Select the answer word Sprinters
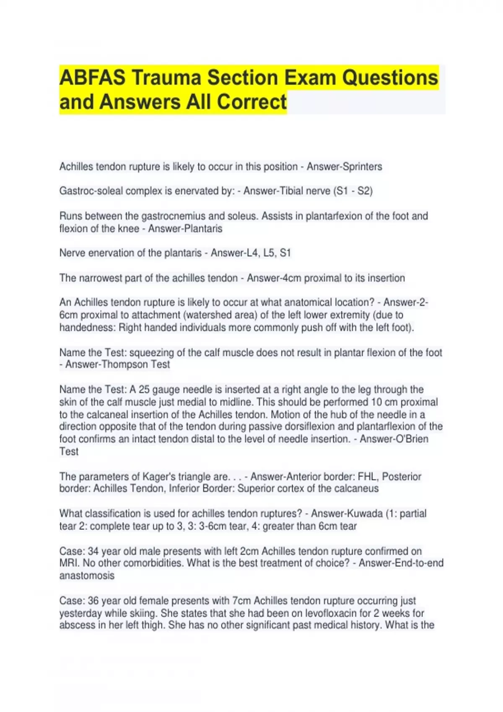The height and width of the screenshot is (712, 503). [x=362, y=167]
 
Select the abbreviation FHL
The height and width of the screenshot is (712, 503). [x=367, y=477]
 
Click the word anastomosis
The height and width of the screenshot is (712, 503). [x=87, y=575]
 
